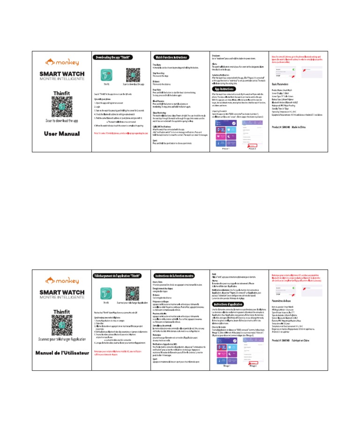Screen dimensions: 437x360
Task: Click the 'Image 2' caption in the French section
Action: [x=254, y=366]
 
